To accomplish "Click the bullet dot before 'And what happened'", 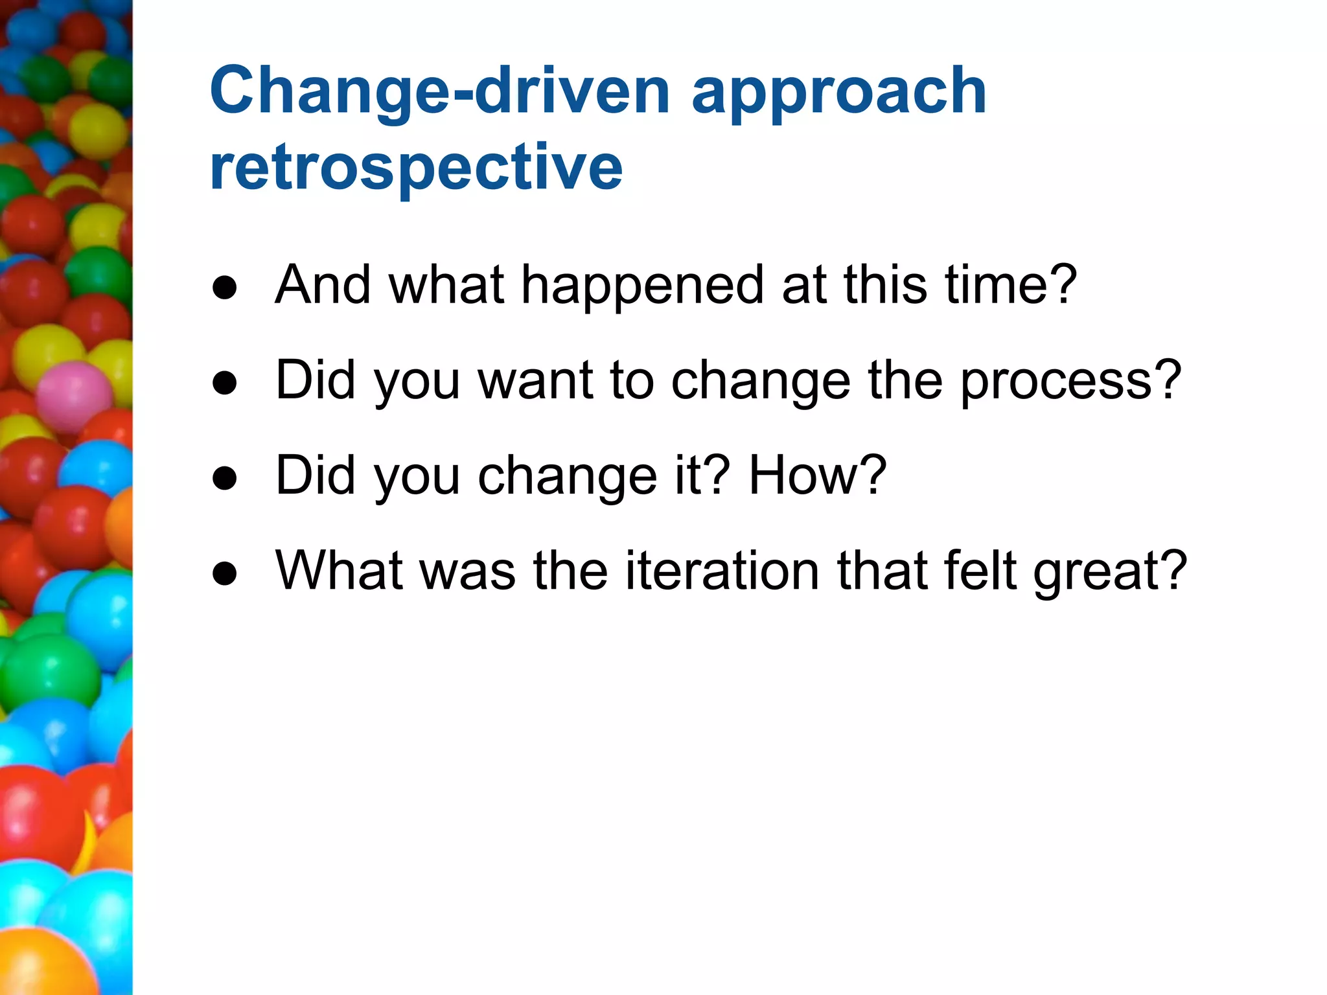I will click(x=225, y=288).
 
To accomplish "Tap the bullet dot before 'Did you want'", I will click(x=225, y=383).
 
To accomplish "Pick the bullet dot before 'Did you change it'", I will click(x=225, y=479).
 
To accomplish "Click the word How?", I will click(x=817, y=475).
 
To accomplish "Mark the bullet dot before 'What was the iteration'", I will click(x=225, y=574).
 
